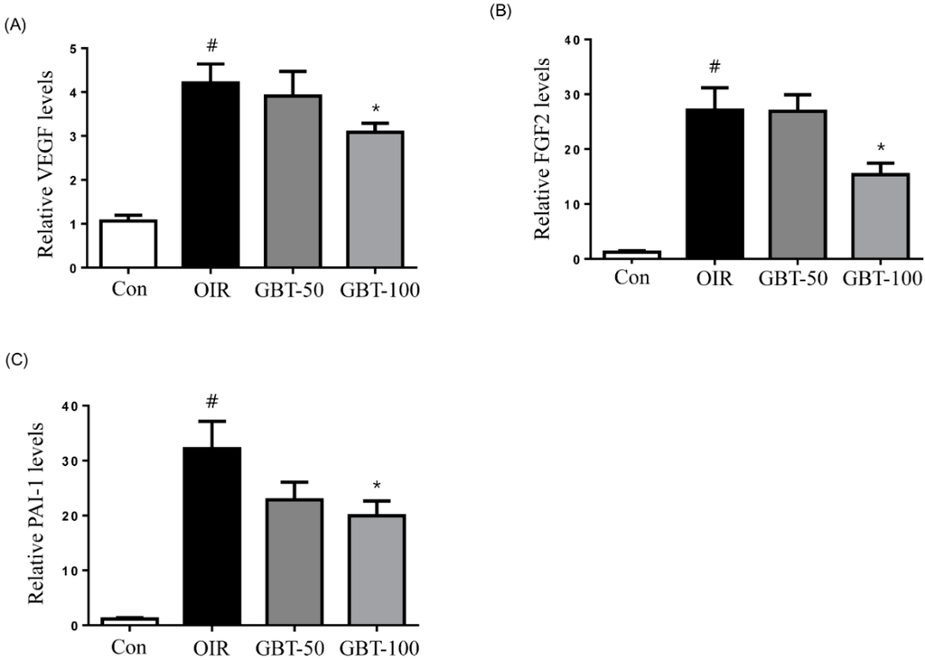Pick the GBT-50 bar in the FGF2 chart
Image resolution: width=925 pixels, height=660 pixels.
click(797, 184)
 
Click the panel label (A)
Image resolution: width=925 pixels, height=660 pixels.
click(14, 26)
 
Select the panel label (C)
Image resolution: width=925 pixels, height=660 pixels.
click(14, 360)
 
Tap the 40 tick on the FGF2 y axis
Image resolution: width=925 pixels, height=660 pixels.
click(570, 39)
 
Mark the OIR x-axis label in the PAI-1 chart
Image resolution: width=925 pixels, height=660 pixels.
click(211, 646)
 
